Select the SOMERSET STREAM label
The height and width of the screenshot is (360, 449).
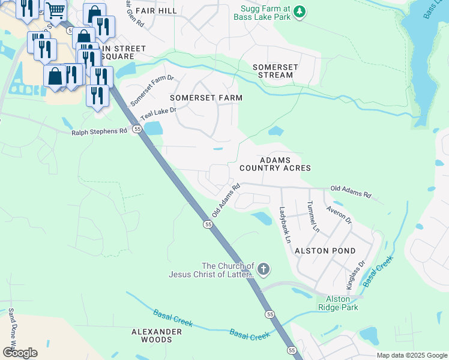(273, 71)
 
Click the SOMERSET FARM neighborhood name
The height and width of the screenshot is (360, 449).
(206, 97)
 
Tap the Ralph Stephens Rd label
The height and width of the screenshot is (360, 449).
(100, 131)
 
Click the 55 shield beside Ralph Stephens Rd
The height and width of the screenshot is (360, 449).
(137, 129)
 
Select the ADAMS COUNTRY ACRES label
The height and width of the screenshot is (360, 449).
(275, 164)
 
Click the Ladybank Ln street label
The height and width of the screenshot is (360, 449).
(285, 224)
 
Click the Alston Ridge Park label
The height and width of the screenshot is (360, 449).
(342, 303)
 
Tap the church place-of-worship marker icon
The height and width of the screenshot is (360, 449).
(264, 270)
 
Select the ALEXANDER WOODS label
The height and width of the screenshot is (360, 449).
(157, 335)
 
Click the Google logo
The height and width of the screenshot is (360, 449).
(20, 353)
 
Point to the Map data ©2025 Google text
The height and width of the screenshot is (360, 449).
(411, 355)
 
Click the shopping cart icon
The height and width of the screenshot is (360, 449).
(55, 10)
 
